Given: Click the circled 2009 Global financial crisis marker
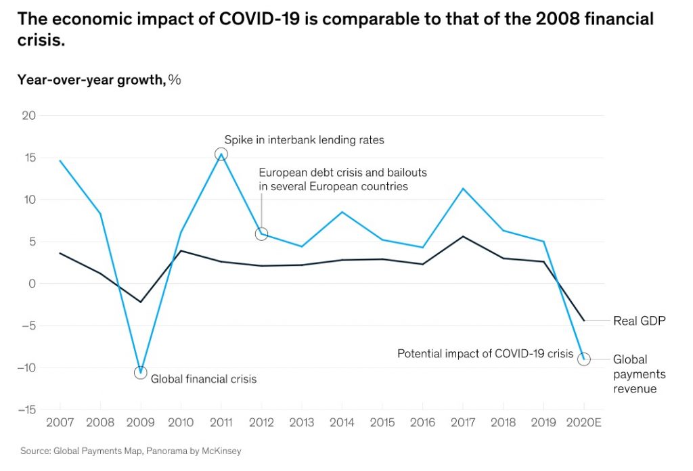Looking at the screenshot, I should [x=140, y=372].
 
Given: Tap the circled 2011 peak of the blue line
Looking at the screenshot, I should [x=221, y=154].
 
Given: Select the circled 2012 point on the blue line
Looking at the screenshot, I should [x=261, y=233].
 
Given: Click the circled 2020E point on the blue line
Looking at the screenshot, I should [x=583, y=359].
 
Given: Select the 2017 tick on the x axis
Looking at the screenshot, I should [x=462, y=423].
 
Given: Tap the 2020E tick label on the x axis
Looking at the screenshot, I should [x=583, y=423].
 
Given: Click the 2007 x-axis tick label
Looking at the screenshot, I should [x=60, y=423].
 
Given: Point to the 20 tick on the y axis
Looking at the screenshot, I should [x=28, y=115].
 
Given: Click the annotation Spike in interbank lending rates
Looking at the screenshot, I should [x=305, y=140].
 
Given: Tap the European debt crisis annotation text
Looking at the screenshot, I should [x=342, y=179].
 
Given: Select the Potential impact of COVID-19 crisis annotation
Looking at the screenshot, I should [x=485, y=353].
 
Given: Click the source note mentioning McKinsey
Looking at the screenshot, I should [x=131, y=450].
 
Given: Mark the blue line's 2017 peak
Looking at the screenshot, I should [x=462, y=189].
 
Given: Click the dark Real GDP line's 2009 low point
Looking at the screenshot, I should [x=140, y=302].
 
